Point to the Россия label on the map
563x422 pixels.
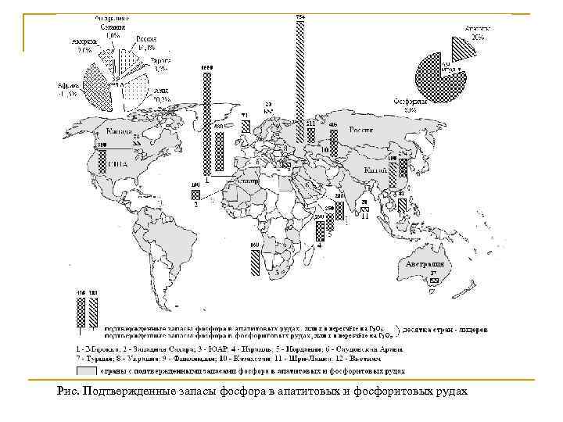pyautogui.click(x=360, y=130)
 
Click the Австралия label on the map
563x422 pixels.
pyautogui.click(x=425, y=266)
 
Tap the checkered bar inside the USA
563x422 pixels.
pyautogui.click(x=101, y=160)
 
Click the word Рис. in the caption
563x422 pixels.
pyautogui.click(x=68, y=390)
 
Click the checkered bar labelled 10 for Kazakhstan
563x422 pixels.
pyautogui.click(x=334, y=144)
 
